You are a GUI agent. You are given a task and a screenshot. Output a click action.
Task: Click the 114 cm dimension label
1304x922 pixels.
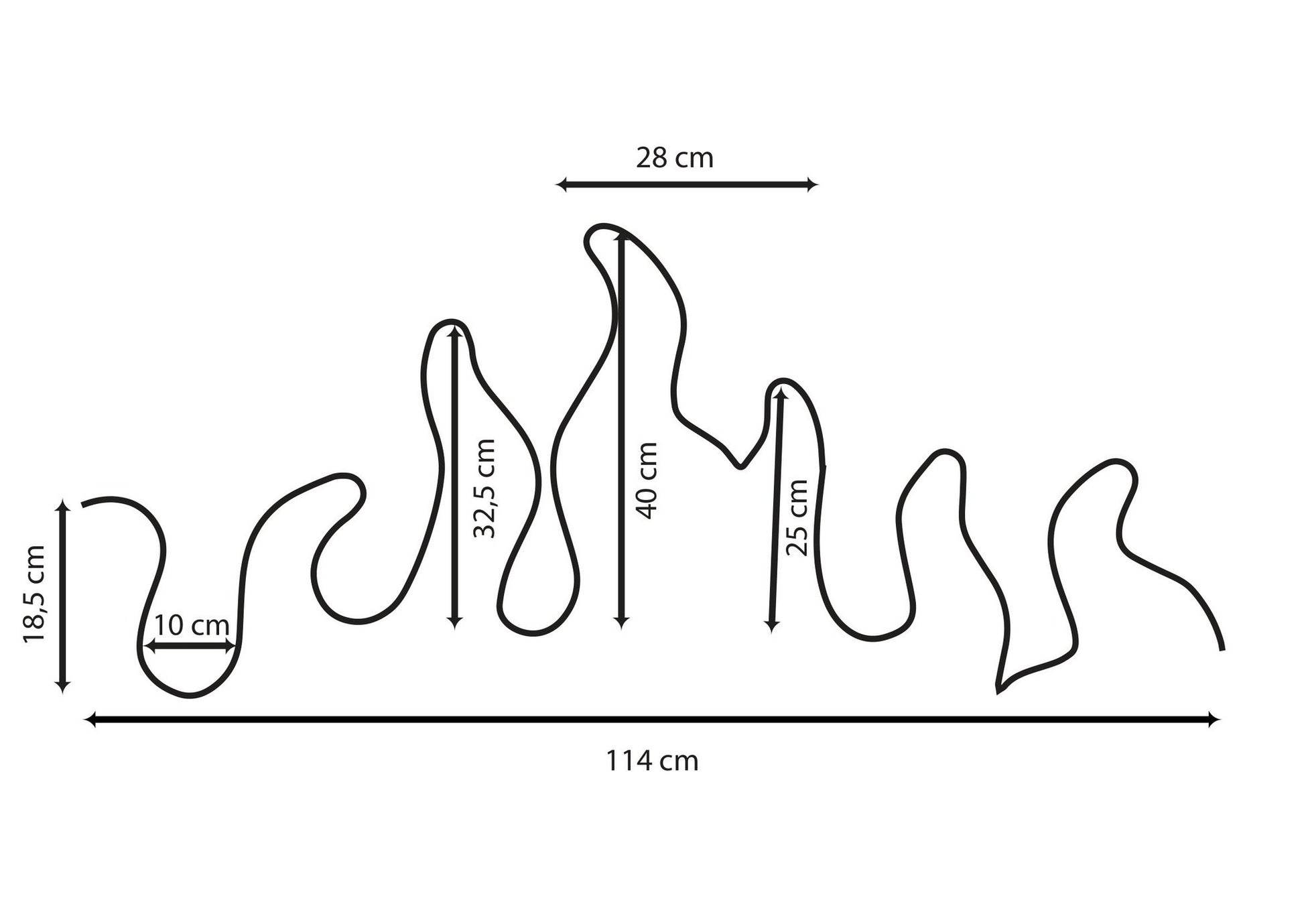[652, 761]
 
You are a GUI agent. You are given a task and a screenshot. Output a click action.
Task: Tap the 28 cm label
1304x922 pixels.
[675, 159]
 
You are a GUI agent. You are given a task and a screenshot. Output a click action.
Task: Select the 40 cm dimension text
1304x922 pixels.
[647, 480]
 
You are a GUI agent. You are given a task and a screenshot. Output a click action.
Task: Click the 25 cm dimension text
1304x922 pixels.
[797, 518]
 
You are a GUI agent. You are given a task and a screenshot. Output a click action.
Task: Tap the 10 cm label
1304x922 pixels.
[192, 626]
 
